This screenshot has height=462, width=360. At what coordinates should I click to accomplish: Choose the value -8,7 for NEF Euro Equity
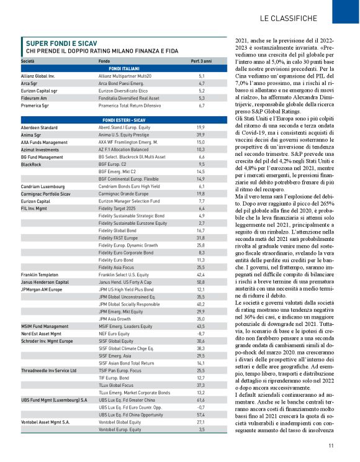coord(201,333)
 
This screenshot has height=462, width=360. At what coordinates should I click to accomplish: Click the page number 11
coord(331,445)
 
